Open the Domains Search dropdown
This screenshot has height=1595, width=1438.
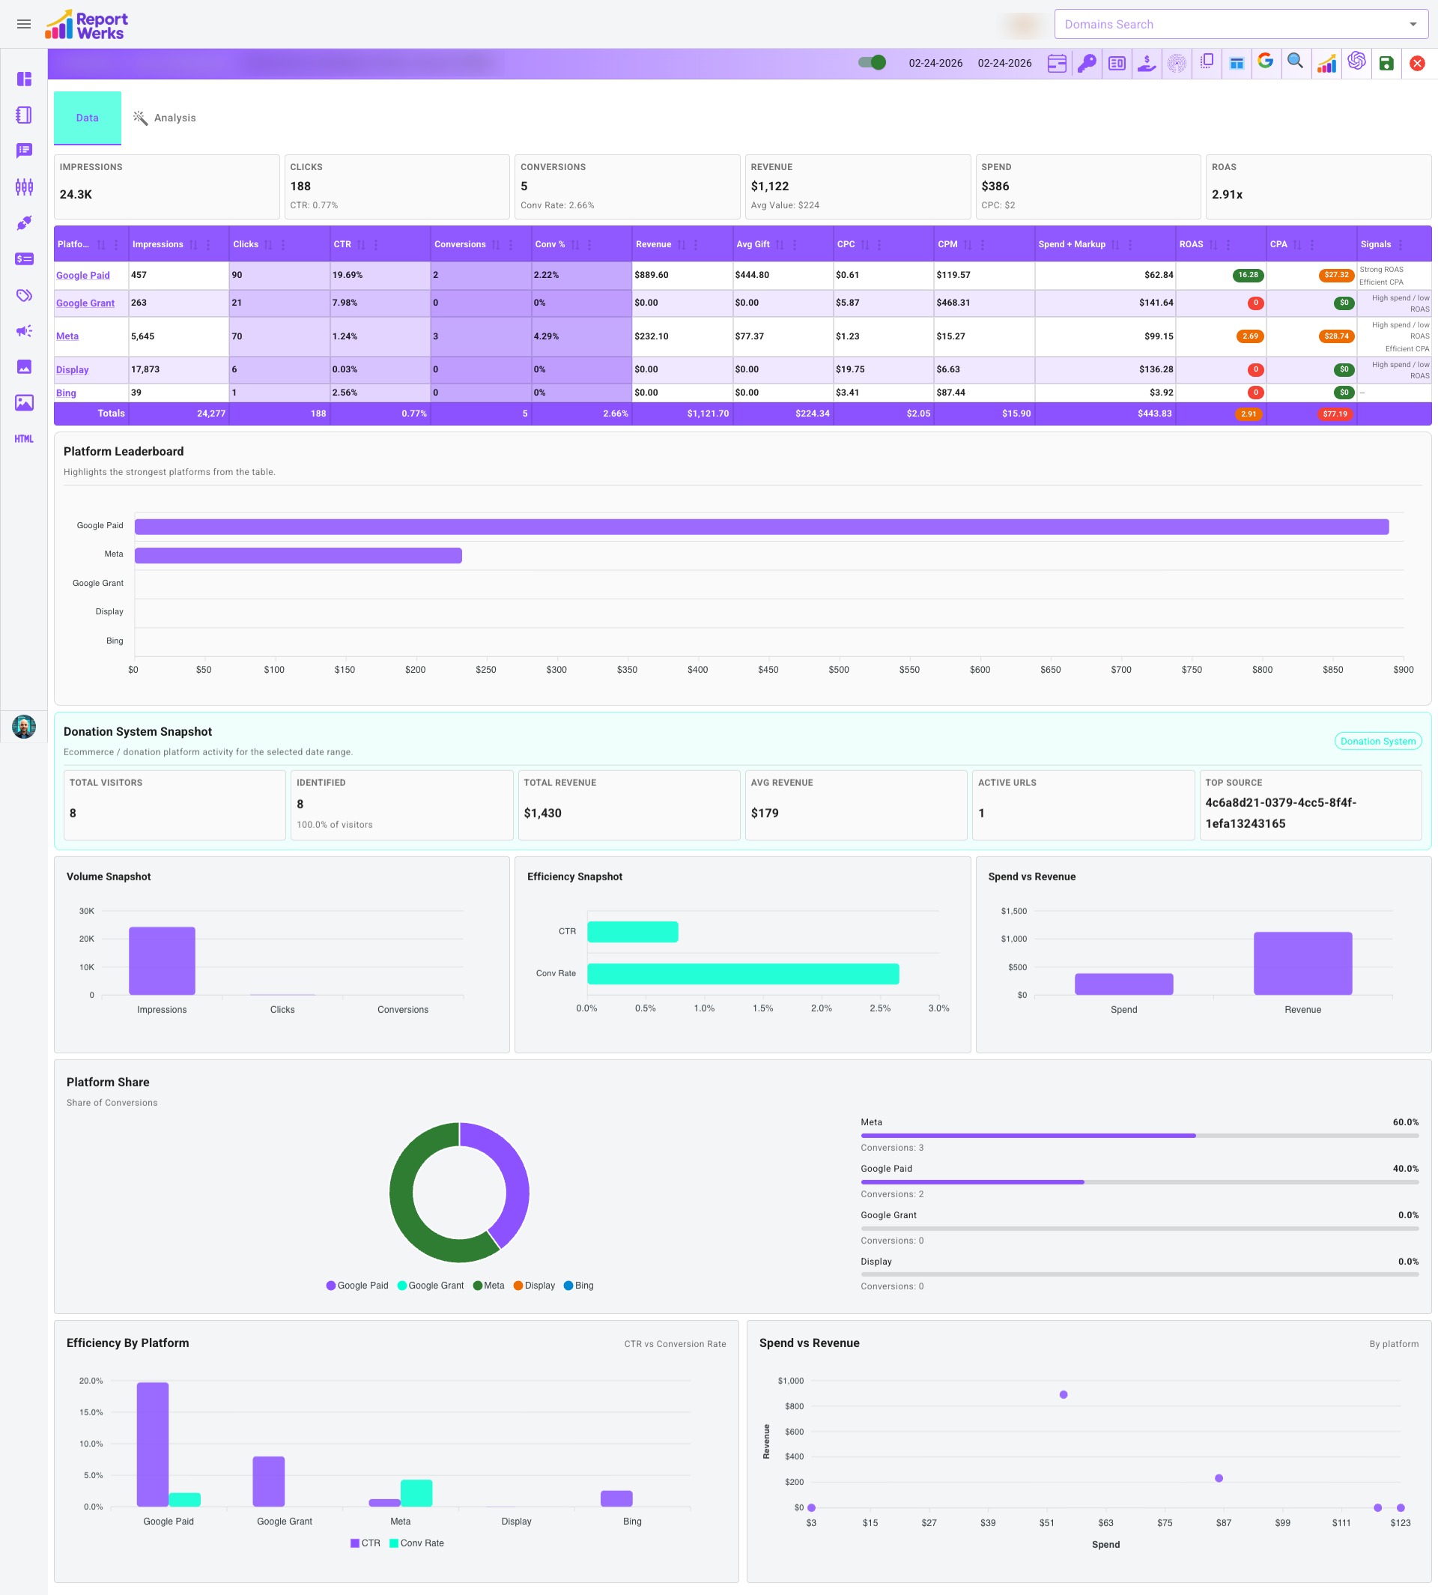tap(1240, 25)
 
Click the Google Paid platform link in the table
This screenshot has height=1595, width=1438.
tap(83, 275)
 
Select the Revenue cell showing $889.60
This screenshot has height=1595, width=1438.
tap(652, 275)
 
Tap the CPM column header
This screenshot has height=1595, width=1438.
tap(947, 244)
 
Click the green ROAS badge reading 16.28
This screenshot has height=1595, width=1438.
tap(1248, 275)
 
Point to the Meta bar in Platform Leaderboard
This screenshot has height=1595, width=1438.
tap(298, 556)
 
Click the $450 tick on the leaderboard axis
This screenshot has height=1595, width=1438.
tap(768, 670)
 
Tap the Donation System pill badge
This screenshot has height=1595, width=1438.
tap(1377, 742)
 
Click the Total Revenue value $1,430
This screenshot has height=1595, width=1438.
tap(543, 813)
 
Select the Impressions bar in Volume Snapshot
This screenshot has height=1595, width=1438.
tap(162, 960)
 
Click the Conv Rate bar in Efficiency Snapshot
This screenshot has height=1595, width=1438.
tap(743, 974)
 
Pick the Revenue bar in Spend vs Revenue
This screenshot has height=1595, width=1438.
tap(1302, 963)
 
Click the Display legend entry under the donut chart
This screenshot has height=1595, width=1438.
tap(534, 1285)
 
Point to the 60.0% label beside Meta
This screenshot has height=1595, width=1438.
tap(1405, 1122)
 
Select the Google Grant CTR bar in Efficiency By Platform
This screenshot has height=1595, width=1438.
tap(269, 1481)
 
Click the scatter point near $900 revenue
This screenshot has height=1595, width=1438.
tap(1064, 1394)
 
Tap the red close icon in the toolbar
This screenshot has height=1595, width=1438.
tap(1417, 63)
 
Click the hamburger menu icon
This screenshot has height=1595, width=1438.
tap(24, 25)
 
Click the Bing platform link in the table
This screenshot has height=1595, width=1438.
tap(67, 393)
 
